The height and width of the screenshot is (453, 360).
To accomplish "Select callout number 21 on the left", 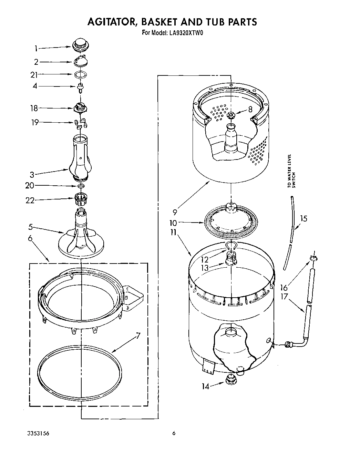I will pyautogui.click(x=34, y=75).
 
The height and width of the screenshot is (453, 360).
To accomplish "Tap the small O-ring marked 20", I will pyautogui.click(x=81, y=186).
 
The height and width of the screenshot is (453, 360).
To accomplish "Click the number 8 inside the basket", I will pyautogui.click(x=250, y=109).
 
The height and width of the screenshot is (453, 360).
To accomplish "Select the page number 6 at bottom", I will pyautogui.click(x=174, y=433).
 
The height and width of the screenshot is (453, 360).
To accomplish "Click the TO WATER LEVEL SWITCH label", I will pyautogui.click(x=291, y=171).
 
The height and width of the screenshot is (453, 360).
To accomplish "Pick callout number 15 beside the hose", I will pyautogui.click(x=303, y=219).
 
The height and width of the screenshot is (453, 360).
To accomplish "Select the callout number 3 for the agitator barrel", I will pyautogui.click(x=32, y=175).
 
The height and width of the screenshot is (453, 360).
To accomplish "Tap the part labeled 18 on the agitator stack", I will pyautogui.click(x=81, y=108).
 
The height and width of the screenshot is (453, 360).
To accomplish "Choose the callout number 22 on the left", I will pyautogui.click(x=30, y=200).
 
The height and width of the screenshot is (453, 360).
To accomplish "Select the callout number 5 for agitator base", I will pyautogui.click(x=31, y=227).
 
